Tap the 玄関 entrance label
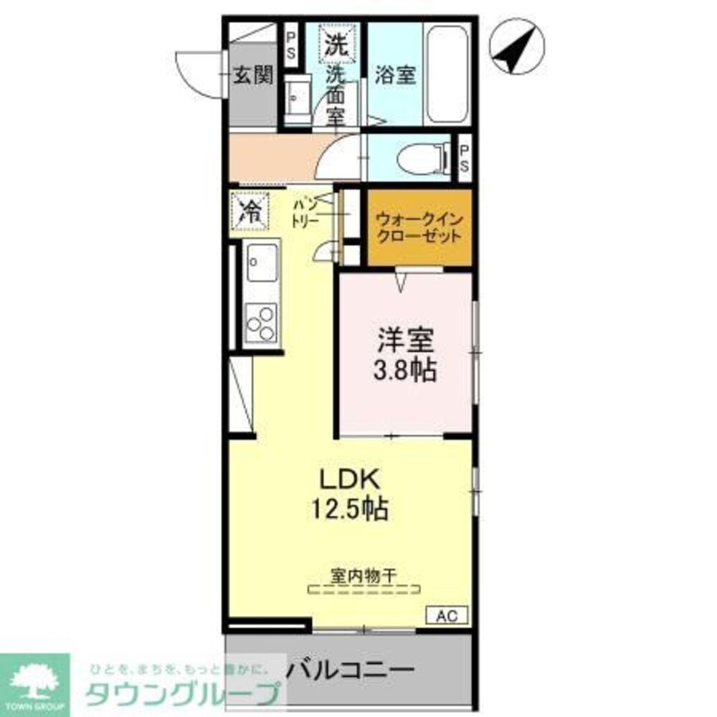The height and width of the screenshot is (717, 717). (253, 74)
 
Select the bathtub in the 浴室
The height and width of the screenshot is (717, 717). (447, 74)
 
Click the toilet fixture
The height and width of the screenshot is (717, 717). (420, 159)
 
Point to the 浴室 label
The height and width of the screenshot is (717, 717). (395, 75)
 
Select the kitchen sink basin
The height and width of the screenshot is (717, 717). (262, 262)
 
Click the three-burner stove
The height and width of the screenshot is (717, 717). (261, 323)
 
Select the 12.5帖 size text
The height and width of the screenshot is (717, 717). (349, 509)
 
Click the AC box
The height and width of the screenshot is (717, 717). (448, 615)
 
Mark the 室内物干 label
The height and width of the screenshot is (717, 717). (364, 574)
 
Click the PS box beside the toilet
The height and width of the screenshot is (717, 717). (465, 158)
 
